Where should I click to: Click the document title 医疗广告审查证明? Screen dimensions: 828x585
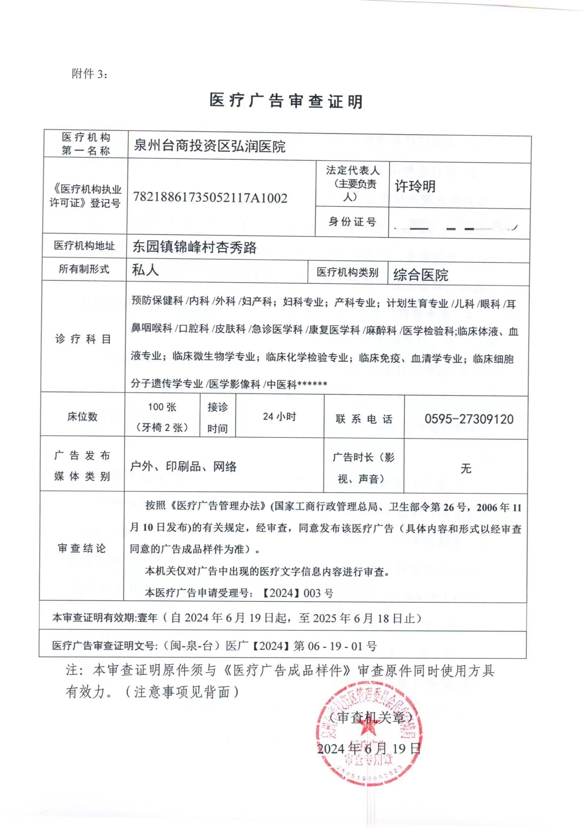[286, 101]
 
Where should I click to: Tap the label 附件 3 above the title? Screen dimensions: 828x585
[89, 74]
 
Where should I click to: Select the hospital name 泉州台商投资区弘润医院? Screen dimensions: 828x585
[209, 146]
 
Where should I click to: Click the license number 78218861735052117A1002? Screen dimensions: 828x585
[210, 198]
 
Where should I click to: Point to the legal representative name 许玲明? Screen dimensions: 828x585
[415, 186]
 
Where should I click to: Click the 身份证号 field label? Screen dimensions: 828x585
[352, 222]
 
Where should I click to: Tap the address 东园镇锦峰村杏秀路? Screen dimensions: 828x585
[194, 247]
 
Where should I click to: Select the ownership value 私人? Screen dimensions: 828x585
[145, 270]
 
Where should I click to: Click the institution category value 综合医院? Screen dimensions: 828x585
[421, 275]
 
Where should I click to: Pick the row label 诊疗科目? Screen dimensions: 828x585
[83, 339]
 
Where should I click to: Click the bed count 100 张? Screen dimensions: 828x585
[162, 407]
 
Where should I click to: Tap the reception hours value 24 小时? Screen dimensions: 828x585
[280, 417]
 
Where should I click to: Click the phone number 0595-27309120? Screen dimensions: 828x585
[469, 419]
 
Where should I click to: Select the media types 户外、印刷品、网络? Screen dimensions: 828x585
[183, 467]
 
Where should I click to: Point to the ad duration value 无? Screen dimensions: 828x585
[466, 468]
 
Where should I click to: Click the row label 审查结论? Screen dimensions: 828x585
[81, 548]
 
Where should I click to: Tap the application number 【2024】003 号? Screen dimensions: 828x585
[297, 593]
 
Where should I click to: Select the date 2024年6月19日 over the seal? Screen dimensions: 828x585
[368, 749]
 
